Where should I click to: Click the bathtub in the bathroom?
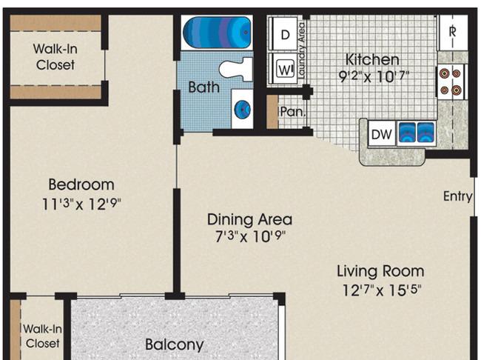click(x=217, y=33)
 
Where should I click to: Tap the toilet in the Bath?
click(x=236, y=70)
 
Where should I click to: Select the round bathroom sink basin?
click(x=242, y=109)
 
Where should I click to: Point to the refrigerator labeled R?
click(x=453, y=33)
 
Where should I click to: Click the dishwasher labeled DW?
click(x=382, y=134)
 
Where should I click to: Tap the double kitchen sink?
click(x=417, y=133)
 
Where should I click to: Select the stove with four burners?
click(x=451, y=82)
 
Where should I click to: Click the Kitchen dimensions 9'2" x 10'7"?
click(x=374, y=76)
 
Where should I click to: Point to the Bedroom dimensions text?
click(x=81, y=204)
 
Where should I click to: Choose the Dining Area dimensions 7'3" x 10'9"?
click(x=250, y=236)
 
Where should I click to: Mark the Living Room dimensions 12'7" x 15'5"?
click(x=382, y=290)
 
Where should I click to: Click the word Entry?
click(x=457, y=196)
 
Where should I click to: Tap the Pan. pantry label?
click(x=293, y=112)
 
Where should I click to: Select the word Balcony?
click(x=174, y=344)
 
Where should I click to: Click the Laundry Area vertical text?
click(x=302, y=50)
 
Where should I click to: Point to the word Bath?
click(x=203, y=87)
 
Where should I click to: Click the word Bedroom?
click(x=81, y=184)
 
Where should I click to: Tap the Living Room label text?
click(x=380, y=272)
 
